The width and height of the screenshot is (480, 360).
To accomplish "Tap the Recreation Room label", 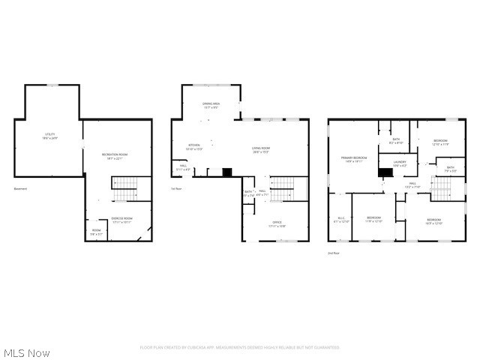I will click(115, 156).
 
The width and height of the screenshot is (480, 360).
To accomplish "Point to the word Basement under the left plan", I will click(20, 188).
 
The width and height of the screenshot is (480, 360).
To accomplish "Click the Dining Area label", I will click(211, 106).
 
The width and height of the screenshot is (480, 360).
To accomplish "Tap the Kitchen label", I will click(194, 147).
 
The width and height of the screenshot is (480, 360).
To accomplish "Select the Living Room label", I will click(260, 149).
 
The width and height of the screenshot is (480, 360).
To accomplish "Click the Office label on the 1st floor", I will click(277, 224).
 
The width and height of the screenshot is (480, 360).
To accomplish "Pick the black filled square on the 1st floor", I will click(227, 172).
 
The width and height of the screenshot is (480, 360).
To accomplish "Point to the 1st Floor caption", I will click(177, 188).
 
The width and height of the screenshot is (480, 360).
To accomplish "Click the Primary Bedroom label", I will click(355, 159).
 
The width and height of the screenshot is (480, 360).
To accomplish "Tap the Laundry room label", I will click(399, 163).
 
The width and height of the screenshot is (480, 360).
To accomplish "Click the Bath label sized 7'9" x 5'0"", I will click(450, 169).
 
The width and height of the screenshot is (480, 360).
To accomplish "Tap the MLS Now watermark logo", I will click(26, 352).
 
